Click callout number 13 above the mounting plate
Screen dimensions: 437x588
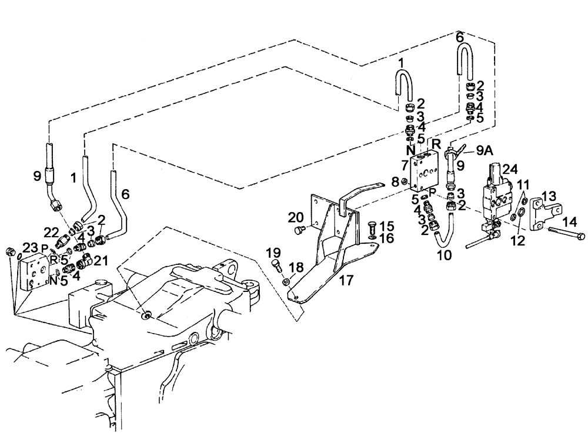tap(548, 196)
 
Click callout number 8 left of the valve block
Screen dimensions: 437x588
tap(395, 182)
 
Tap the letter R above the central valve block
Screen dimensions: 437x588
tap(436, 143)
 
